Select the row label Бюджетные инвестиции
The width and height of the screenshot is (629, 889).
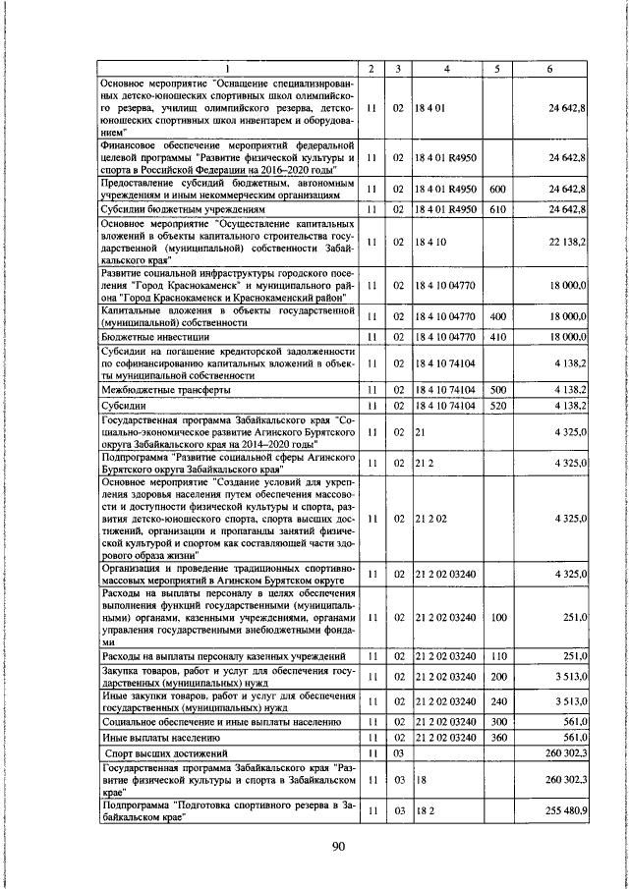pos(150,337)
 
